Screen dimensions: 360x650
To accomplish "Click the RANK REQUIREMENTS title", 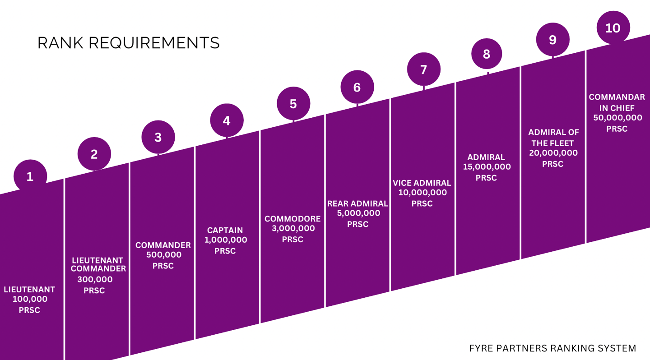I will tap(128, 43).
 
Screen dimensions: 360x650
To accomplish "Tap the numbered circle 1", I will tap(30, 176).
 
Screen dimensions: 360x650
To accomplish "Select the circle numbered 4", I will tap(227, 120).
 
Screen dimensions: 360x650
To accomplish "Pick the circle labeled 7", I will tap(423, 69).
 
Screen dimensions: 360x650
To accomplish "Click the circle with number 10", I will tap(613, 28).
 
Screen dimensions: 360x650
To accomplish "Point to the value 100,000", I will tap(30, 299).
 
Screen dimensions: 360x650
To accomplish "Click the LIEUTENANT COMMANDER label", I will tap(98, 264).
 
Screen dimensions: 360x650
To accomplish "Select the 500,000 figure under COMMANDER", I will tap(163, 255).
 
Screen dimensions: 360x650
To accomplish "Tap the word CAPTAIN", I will tap(225, 230).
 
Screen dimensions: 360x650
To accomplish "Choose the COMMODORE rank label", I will tap(292, 219).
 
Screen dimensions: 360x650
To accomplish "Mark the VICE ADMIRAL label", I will tap(422, 183).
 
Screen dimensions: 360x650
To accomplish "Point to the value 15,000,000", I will tap(487, 167).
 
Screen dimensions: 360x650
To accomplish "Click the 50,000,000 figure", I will tap(617, 118).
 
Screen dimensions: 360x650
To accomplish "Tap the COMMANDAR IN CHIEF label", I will tap(617, 102).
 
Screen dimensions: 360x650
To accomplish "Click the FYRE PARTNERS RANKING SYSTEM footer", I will tap(552, 348).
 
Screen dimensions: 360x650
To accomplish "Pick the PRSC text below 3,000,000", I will tap(292, 240).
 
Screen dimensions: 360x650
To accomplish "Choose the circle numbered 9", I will tap(552, 40).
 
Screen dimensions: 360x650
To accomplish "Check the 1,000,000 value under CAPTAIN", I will tap(226, 240).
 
